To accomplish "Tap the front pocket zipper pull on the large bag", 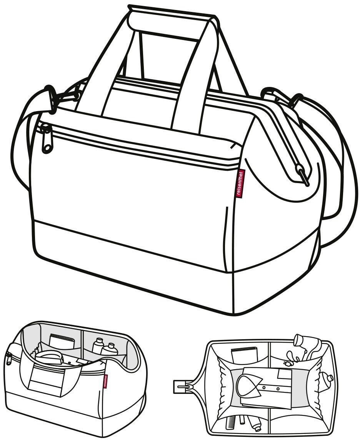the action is (x=46, y=139).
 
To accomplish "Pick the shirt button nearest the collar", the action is (x=265, y=389).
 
